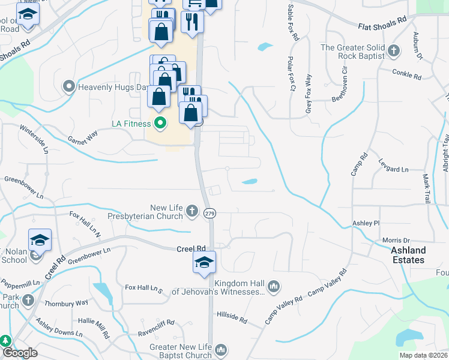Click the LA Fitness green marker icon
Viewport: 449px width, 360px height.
tap(160, 124)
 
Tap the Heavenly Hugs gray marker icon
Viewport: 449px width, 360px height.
tap(68, 87)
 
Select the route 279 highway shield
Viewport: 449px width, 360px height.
tap(209, 213)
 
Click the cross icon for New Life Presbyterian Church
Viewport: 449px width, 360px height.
tap(191, 210)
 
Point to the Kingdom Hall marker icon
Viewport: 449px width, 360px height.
tap(274, 286)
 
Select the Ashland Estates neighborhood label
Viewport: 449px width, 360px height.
tap(408, 255)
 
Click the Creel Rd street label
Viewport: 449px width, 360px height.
tap(191, 248)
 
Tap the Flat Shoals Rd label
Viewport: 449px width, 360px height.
tap(382, 23)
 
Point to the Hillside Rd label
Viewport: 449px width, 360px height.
tap(232, 317)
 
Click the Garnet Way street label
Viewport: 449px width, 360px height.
tap(83, 136)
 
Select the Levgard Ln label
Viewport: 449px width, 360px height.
tap(393, 169)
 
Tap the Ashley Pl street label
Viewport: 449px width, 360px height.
tap(366, 223)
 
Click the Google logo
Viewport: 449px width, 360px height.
tap(20, 353)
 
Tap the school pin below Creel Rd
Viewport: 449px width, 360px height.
tap(204, 262)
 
